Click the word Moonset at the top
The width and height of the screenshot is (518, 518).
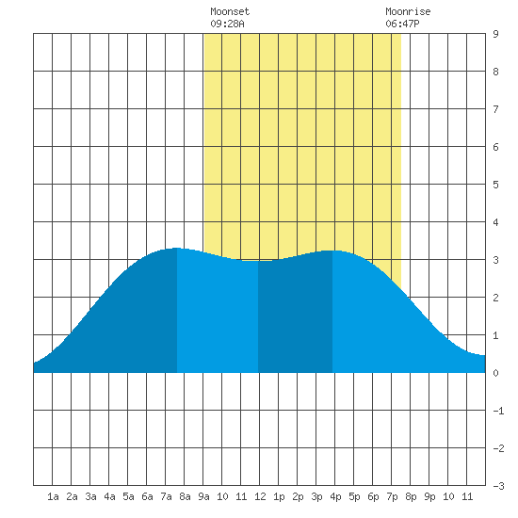[230, 11]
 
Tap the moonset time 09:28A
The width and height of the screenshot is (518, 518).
[227, 24]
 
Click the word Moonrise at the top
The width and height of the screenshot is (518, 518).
[408, 11]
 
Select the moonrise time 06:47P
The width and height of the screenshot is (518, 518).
[402, 24]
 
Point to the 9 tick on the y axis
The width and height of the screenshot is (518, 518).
[495, 34]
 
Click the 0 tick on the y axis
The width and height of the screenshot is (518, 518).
[495, 373]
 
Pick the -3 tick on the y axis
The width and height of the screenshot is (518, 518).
[498, 486]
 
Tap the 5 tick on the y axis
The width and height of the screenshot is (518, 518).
[495, 185]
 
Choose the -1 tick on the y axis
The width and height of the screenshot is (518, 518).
[498, 411]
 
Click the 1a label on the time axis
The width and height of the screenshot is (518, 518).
[53, 496]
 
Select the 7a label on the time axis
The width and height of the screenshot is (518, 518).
[166, 496]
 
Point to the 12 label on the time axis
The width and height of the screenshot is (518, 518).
[260, 496]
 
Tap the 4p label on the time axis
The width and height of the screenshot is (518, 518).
[335, 496]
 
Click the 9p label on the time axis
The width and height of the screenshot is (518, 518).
[429, 496]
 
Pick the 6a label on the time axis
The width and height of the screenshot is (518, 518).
[147, 496]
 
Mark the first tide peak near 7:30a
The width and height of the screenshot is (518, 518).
[177, 248]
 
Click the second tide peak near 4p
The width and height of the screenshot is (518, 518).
[332, 251]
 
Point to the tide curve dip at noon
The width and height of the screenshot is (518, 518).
[258, 261]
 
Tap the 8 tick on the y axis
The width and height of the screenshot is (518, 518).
[495, 72]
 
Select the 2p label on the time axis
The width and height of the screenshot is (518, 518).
[298, 496]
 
